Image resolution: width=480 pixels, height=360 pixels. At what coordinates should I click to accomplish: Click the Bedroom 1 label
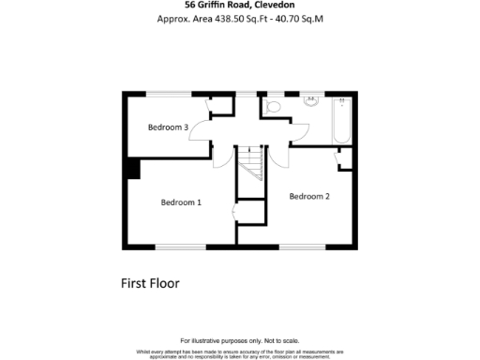[181, 202]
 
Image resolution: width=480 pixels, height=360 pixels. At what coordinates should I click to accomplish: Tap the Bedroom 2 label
[309, 197]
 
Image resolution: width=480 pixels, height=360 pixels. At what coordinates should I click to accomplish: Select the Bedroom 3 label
[169, 127]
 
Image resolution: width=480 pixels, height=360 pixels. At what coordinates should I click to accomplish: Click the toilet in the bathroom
[273, 109]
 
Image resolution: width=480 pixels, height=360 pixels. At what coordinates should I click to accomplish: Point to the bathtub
[342, 120]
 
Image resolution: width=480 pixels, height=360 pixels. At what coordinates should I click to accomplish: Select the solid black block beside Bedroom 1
[132, 169]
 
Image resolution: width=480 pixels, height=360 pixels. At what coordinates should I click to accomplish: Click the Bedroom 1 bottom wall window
[182, 247]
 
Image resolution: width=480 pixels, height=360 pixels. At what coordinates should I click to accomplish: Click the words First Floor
[150, 282]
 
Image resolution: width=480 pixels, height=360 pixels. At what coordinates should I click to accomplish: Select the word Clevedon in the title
[295, 5]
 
